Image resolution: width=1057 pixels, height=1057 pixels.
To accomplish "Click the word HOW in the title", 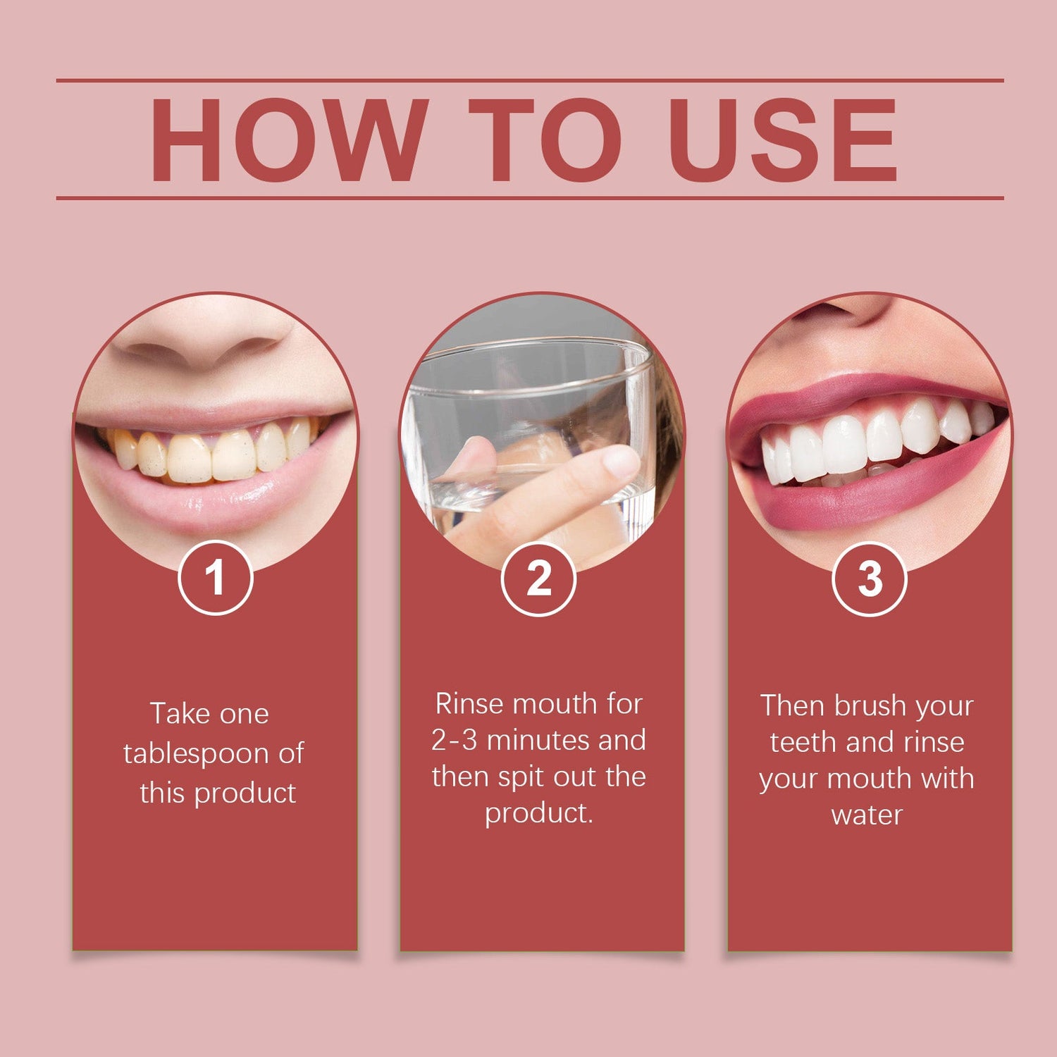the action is point(289,140).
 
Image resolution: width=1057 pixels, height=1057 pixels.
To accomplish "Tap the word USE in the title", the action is point(783,140).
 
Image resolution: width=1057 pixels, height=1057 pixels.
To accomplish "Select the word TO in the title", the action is point(545,140).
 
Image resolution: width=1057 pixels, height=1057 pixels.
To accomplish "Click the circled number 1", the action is point(215,578).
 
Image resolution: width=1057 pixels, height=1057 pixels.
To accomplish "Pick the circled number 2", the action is point(539,579).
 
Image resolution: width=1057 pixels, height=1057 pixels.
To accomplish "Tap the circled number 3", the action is point(870,579).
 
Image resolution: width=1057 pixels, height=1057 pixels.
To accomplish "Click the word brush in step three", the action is point(870,705).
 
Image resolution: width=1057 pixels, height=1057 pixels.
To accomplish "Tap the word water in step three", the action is point(867,815).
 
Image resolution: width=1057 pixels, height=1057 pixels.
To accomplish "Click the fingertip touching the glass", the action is point(620,462).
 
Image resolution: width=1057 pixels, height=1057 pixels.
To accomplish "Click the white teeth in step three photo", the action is point(874,444).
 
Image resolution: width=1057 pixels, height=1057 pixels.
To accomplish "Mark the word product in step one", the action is point(245,794).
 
